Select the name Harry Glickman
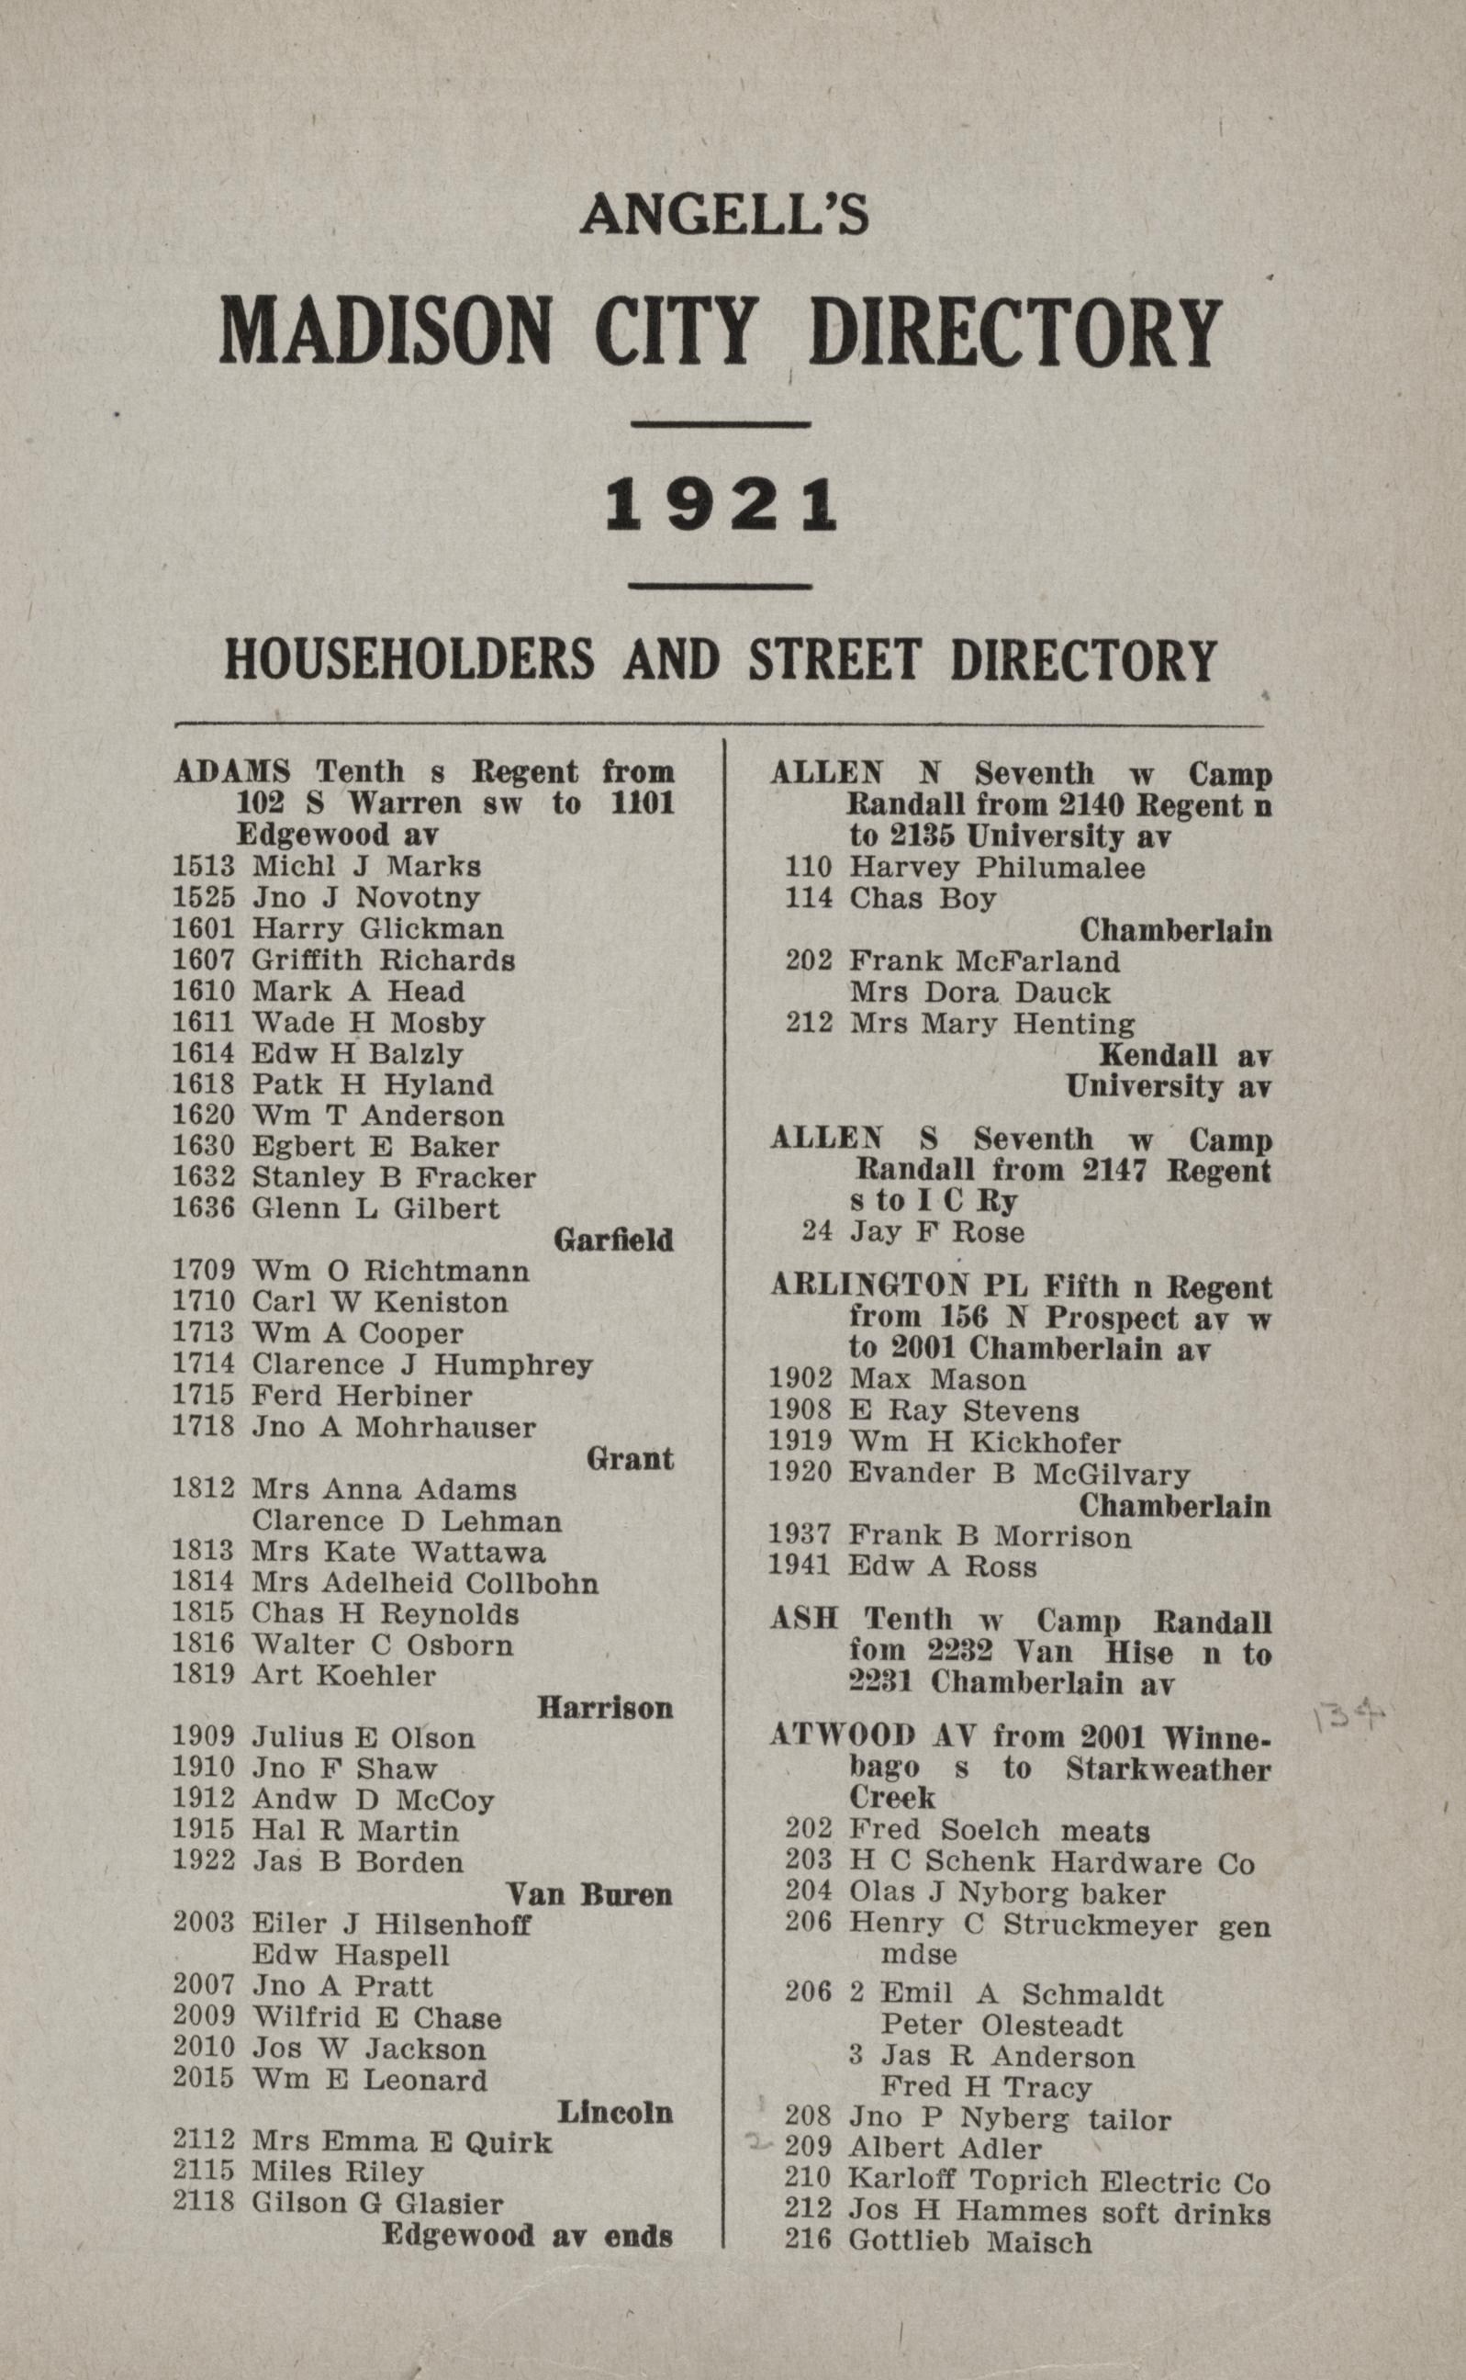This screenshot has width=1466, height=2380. tap(378, 929)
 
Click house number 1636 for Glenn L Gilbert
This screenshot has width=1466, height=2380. tap(204, 1208)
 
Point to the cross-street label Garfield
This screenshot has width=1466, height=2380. tap(613, 1240)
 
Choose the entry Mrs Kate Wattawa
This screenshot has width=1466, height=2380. tap(398, 1552)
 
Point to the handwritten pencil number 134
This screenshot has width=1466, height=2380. tap(1348, 1720)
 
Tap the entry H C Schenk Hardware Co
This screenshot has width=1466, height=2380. tap(1052, 1863)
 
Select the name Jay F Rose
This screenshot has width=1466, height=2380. tap(936, 1231)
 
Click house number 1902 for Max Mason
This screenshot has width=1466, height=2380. tap(800, 1379)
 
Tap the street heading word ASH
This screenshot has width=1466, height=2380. tap(804, 1620)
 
